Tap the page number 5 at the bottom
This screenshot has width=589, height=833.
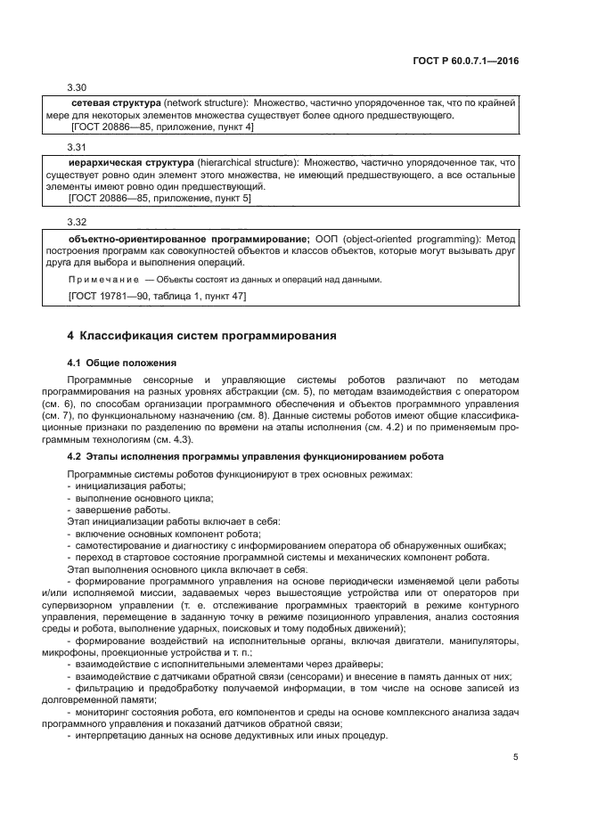[515, 757]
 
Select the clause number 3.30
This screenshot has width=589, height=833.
[78, 87]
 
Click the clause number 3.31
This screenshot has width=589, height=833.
[78, 146]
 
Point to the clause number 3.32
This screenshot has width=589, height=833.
[78, 221]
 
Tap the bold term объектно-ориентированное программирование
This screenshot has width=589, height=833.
[189, 239]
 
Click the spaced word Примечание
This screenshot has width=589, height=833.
[102, 279]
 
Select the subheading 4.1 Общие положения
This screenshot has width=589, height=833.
[121, 363]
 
